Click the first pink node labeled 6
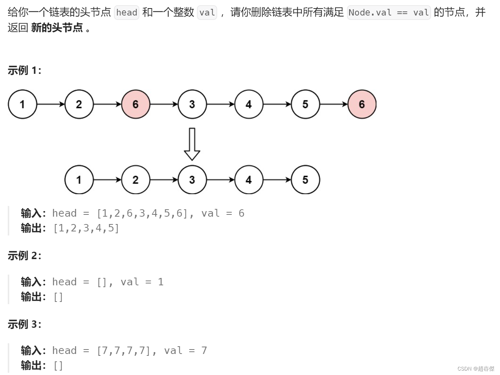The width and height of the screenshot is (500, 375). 136,104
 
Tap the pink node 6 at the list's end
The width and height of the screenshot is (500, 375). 362,104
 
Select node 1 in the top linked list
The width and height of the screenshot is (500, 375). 22,104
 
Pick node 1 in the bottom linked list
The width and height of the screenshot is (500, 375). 79,180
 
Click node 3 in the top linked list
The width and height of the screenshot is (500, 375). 192,104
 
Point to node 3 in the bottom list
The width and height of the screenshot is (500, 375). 192,180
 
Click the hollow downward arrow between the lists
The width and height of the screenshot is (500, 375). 192,144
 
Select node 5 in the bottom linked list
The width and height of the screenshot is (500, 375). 305,180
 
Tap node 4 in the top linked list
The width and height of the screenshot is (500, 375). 249,104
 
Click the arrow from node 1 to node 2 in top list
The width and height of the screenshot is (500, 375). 51,104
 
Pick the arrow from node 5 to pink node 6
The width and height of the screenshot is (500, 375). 334,104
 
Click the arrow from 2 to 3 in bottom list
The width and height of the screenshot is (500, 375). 164,180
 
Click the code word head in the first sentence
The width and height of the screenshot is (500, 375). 126,13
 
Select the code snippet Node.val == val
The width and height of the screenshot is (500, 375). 389,13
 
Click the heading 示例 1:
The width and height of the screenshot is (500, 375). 24,70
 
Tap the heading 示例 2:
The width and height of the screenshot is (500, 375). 24,255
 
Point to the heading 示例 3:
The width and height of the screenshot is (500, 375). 24,324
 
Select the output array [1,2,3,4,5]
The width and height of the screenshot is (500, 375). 86,228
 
